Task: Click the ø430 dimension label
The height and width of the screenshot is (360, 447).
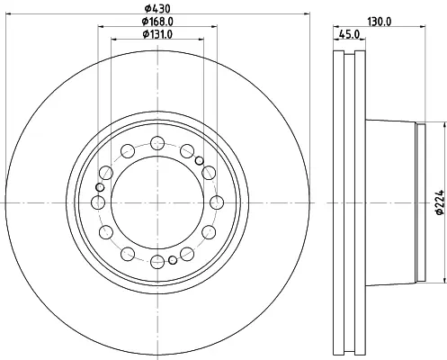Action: click(x=157, y=8)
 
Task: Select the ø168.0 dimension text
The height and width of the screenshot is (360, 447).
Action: click(x=157, y=22)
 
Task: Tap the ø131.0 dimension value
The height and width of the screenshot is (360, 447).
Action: click(x=157, y=34)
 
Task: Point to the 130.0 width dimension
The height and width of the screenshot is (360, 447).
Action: click(x=380, y=22)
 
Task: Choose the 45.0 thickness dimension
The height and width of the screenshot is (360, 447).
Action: click(x=349, y=34)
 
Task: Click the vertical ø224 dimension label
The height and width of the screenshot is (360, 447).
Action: click(x=440, y=202)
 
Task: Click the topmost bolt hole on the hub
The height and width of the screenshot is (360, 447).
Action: click(x=157, y=143)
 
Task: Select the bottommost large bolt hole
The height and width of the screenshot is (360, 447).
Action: click(x=157, y=262)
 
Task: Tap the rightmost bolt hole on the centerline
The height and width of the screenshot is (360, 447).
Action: click(x=217, y=202)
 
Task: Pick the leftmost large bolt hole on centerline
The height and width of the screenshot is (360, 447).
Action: click(x=98, y=202)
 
